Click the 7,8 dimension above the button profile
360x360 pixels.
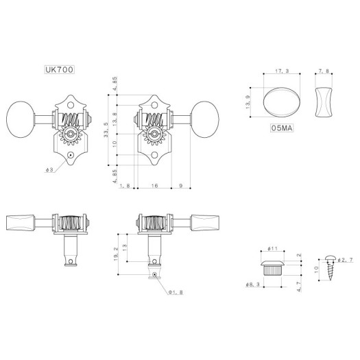click(x=324, y=71)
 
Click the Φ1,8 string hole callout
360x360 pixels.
click(x=176, y=291)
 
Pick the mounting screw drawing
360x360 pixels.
click(x=332, y=273)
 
